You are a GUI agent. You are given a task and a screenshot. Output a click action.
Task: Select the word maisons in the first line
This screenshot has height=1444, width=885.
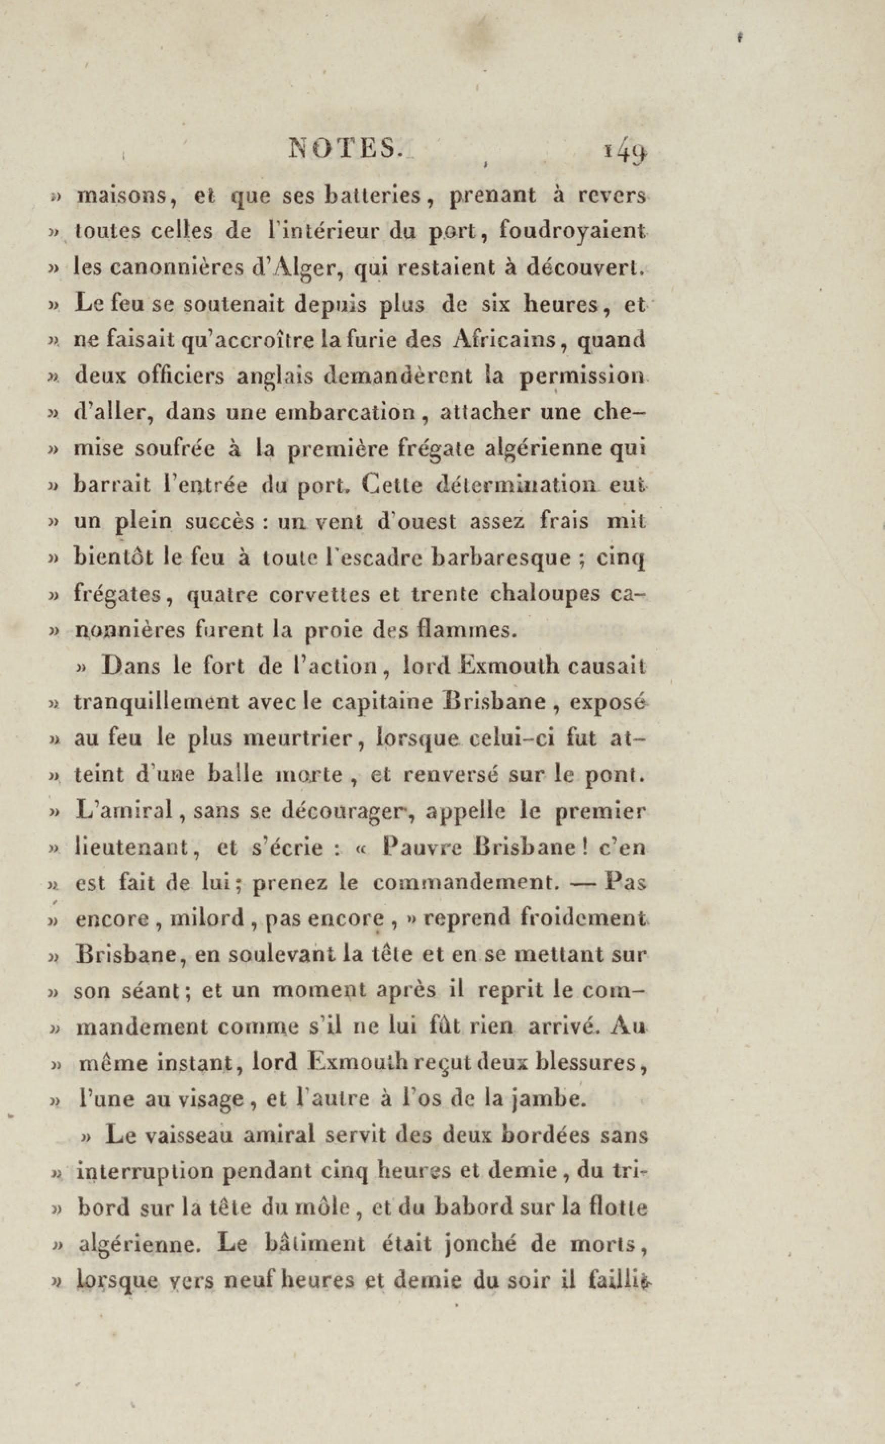click(x=122, y=196)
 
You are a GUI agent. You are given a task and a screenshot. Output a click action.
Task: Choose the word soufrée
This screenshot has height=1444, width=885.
click(x=175, y=448)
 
